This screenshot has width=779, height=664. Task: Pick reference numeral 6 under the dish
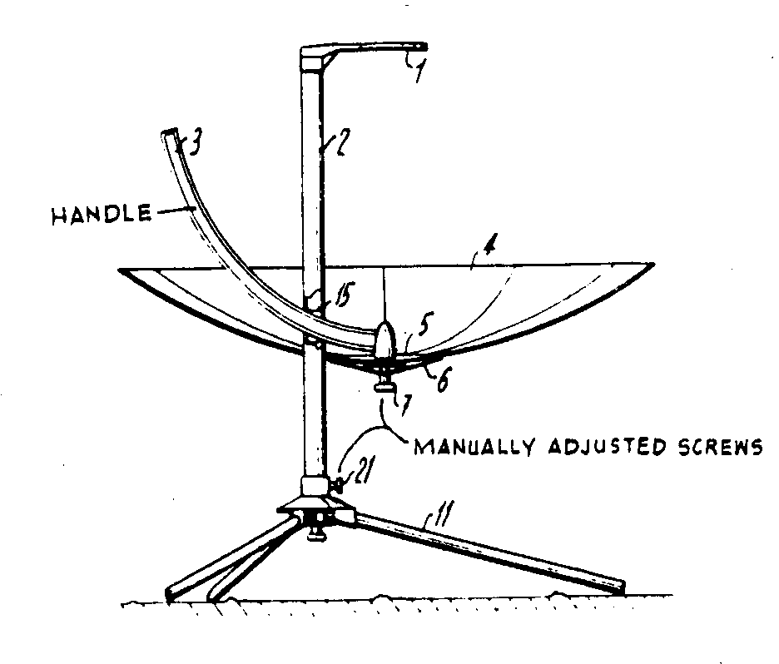pos(442,380)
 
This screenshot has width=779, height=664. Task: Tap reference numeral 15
pos(341,294)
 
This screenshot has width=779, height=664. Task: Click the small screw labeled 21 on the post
pos(339,482)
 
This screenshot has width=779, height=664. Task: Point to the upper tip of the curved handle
pos(171,133)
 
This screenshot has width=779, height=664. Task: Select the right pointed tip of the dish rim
pos(652,265)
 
